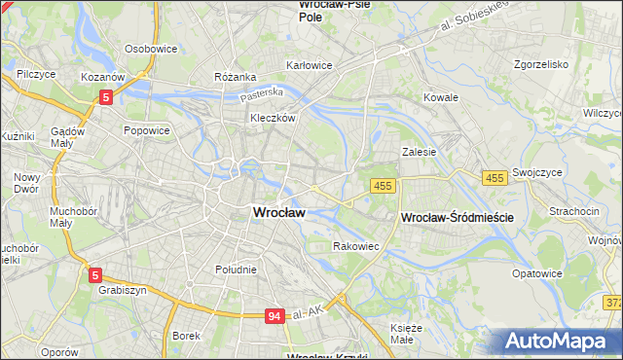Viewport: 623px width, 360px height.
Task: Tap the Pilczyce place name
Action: click(x=35, y=74)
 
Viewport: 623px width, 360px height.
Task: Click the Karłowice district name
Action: click(x=309, y=66)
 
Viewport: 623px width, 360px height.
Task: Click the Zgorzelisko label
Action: click(x=539, y=64)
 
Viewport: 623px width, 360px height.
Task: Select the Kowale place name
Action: click(x=441, y=98)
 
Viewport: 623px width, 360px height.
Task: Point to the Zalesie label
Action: click(x=419, y=152)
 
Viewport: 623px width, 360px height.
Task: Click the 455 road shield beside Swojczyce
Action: click(x=495, y=177)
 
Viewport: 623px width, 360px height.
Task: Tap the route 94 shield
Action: click(x=276, y=316)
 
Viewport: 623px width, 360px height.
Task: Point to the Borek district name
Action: click(x=185, y=336)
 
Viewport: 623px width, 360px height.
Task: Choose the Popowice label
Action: click(x=147, y=130)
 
